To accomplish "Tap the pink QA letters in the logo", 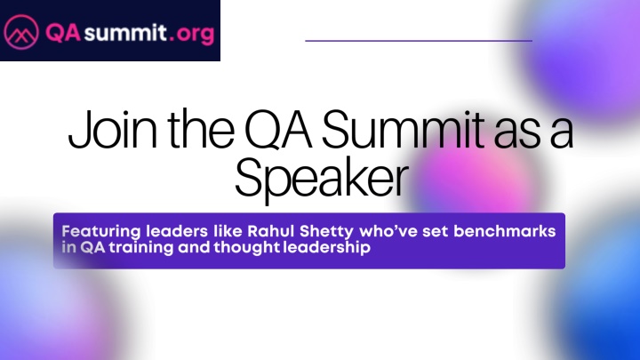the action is coord(63,33).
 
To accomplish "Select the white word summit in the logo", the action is coord(125,33).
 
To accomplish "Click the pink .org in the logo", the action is coord(192,35).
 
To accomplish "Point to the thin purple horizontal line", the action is coord(419,41).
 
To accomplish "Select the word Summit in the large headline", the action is coord(404,130).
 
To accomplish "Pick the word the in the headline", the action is coord(201,130).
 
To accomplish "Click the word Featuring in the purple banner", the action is coord(100,232).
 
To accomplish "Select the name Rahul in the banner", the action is coord(270,231).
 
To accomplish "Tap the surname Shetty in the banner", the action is coord(326,232).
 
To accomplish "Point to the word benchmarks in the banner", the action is coord(505,231).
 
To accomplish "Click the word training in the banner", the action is coord(141,248).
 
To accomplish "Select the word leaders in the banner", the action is coord(177,231).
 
